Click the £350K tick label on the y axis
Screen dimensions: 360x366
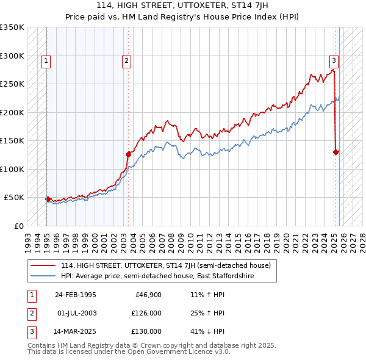[x=12, y=27]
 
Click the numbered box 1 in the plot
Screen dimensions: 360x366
[x=46, y=60]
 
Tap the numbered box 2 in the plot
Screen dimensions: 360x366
[x=126, y=60]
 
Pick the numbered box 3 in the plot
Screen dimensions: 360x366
[x=334, y=60]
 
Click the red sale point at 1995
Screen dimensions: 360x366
[x=48, y=199]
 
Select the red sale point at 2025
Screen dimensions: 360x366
[x=336, y=152]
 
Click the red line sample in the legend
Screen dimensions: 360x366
[x=43, y=265]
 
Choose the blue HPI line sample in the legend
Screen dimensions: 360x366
[x=43, y=276]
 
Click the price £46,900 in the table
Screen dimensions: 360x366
[x=147, y=295]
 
